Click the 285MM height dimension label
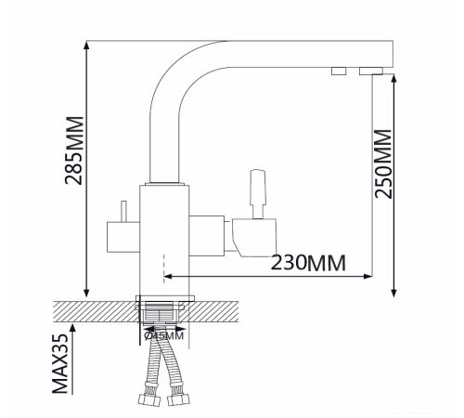pos(74,150)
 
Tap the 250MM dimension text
pos(383,163)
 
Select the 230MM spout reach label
pos(308,263)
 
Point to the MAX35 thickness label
pos(60,363)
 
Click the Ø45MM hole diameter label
pos(164,335)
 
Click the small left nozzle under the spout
pos(339,71)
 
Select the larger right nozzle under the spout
pos(371,71)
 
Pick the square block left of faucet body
pos(123,237)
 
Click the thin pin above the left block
pos(123,212)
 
